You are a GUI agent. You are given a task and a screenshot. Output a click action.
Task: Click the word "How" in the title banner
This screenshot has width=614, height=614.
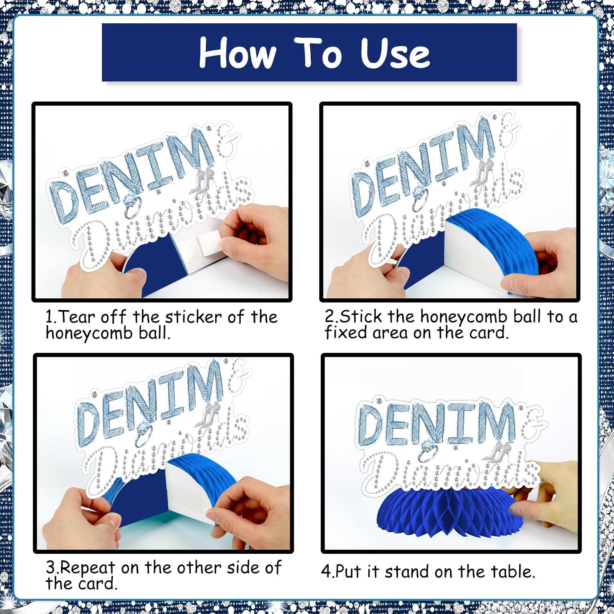pyautogui.click(x=238, y=52)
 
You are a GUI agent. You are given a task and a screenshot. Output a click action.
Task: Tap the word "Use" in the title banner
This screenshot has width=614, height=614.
pyautogui.click(x=395, y=52)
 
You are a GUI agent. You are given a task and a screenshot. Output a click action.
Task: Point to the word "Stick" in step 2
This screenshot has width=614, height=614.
pyautogui.click(x=361, y=316)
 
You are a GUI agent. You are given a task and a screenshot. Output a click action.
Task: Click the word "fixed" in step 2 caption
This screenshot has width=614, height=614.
pyautogui.click(x=346, y=332)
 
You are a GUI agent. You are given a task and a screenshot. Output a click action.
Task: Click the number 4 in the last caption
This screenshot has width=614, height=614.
pyautogui.click(x=326, y=572)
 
